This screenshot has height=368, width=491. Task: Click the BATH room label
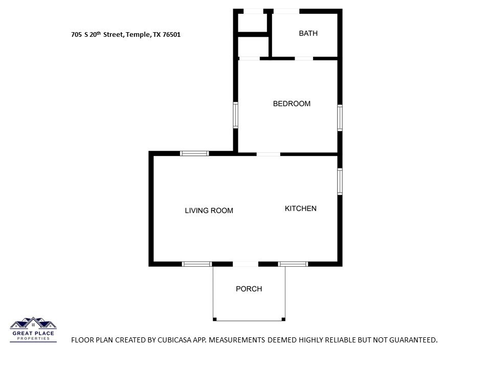[x=308, y=33]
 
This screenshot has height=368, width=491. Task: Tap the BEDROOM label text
[x=292, y=104]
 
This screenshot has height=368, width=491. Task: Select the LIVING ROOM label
[x=209, y=211]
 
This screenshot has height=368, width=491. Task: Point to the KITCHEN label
[x=301, y=209]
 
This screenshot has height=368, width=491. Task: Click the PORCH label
[x=249, y=289]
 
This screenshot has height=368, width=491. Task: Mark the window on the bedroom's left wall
[x=235, y=115]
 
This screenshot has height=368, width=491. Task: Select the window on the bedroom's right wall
[x=340, y=118]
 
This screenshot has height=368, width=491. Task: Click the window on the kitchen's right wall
[x=340, y=181]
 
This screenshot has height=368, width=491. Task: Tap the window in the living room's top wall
[x=194, y=153]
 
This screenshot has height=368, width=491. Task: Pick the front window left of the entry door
[x=196, y=264]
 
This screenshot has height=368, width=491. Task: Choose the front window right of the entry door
[x=293, y=264]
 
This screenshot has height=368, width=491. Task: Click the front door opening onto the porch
[x=245, y=264]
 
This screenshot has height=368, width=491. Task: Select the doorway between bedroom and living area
[x=269, y=154]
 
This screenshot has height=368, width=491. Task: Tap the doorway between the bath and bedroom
[x=304, y=58]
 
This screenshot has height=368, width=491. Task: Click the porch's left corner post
[x=215, y=319]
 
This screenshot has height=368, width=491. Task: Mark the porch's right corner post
[x=283, y=319]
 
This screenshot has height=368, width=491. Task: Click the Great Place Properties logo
[x=33, y=330]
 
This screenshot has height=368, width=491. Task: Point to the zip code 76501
[x=172, y=35]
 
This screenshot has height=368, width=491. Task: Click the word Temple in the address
[x=138, y=35]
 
